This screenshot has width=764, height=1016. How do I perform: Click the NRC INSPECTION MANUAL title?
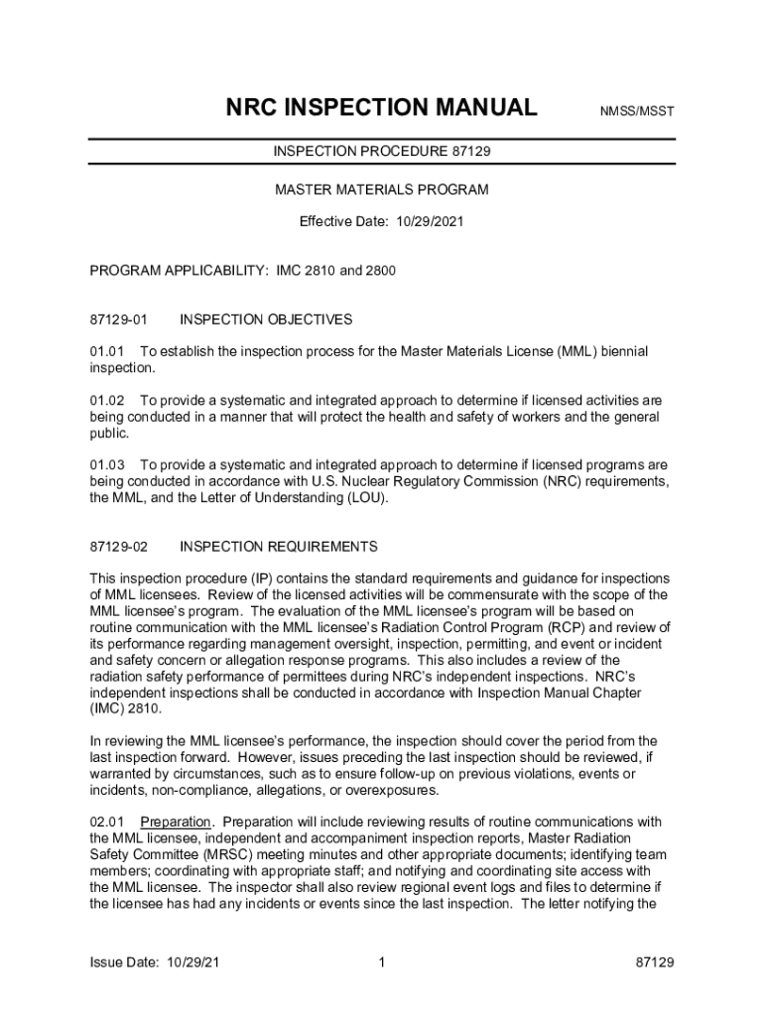tap(382, 107)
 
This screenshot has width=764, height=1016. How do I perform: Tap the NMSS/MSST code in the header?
tap(637, 111)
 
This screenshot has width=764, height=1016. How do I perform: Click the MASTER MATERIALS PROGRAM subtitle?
tap(382, 189)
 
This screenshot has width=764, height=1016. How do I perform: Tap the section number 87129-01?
tap(118, 319)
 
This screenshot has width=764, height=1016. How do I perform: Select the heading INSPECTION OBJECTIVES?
tap(266, 319)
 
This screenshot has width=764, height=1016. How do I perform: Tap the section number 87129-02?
tap(118, 547)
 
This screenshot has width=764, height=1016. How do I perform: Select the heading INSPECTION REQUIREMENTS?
tap(279, 547)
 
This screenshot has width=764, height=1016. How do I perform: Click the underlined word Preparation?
tap(176, 822)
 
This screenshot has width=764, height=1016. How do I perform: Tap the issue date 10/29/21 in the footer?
tap(193, 962)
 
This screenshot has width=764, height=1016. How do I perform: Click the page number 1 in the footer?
tap(382, 962)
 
